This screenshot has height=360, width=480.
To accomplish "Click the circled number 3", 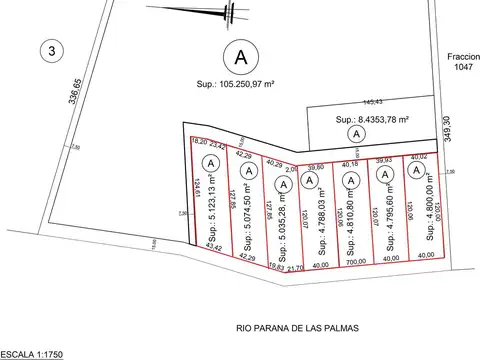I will (46, 48).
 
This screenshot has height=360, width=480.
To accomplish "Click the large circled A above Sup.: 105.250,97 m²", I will (238, 53).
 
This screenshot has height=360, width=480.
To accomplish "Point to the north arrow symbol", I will (230, 12).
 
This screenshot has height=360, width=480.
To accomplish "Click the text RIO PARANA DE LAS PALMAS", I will (298, 327).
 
